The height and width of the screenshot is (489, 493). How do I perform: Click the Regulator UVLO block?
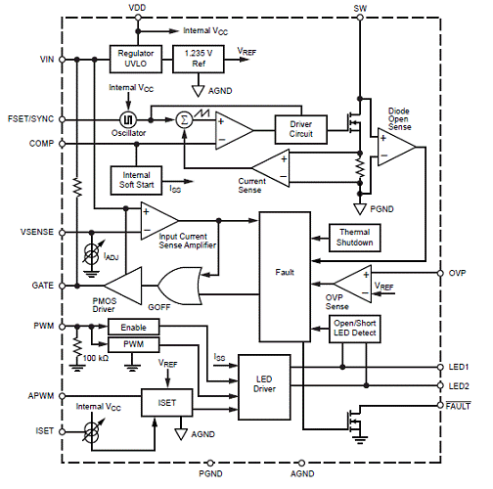pyautogui.click(x=136, y=59)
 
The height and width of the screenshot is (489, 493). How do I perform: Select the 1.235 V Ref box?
pyautogui.click(x=199, y=59)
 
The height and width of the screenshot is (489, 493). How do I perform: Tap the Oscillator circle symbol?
pyautogui.click(x=128, y=119)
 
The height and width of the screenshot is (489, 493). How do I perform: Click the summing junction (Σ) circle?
pyautogui.click(x=184, y=119)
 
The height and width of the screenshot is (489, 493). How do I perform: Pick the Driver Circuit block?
pyautogui.click(x=301, y=129)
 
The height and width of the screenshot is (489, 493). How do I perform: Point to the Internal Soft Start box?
pyautogui.click(x=136, y=180)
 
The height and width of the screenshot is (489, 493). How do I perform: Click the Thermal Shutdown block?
pyautogui.click(x=355, y=238)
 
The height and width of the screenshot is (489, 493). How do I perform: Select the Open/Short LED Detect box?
pyautogui.click(x=355, y=329)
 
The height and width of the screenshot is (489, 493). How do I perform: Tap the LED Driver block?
pyautogui.click(x=264, y=383)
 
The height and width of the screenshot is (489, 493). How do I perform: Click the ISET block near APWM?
pyautogui.click(x=167, y=402)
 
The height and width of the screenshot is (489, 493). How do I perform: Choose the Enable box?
pyautogui.click(x=134, y=327)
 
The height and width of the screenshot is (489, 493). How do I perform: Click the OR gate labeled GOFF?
pyautogui.click(x=180, y=286)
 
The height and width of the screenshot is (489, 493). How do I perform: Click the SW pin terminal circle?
pyautogui.click(x=360, y=18)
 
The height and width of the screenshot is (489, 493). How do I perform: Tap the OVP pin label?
pyautogui.click(x=457, y=273)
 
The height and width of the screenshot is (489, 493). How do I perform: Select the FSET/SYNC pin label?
pyautogui.click(x=30, y=118)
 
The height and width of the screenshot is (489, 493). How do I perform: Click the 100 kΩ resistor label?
pyautogui.click(x=96, y=358)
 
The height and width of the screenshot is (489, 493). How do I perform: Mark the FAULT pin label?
pyautogui.click(x=458, y=406)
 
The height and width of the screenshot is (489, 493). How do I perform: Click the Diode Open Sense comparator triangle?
pyautogui.click(x=396, y=147)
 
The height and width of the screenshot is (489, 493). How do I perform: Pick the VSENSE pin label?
pyautogui.click(x=37, y=232)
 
